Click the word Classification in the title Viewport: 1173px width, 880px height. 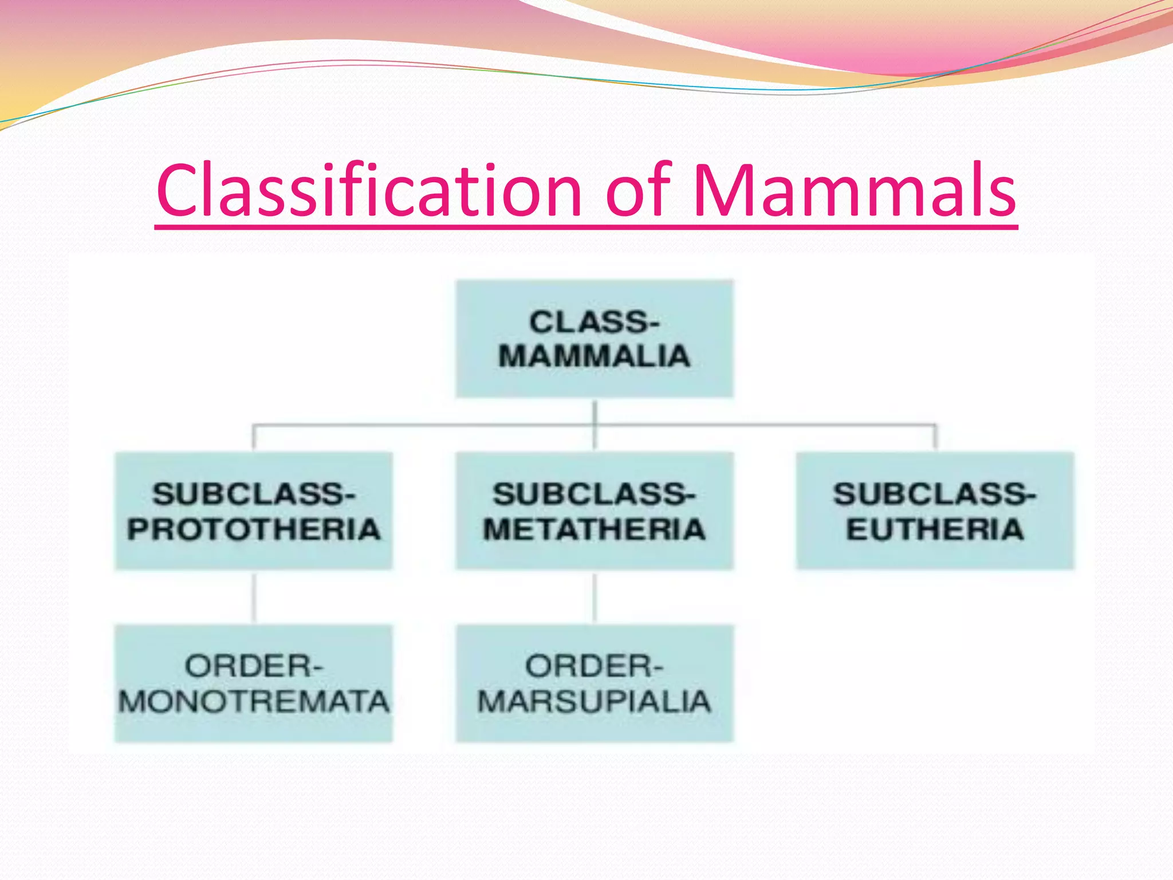pos(369,190)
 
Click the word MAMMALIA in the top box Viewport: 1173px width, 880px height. pos(594,356)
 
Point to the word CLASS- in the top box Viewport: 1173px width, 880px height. pos(594,322)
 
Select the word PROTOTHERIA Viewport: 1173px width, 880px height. pos(254,529)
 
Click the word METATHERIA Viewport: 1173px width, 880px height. pos(594,529)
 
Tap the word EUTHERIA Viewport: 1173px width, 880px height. pos(935,529)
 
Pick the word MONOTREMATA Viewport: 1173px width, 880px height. pos(254,701)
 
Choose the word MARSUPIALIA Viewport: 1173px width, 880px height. pos(594,701)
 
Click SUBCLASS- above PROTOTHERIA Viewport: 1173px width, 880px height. pos(254,494)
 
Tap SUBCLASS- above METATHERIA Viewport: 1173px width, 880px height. pos(594,494)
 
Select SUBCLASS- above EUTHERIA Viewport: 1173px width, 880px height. pos(935,494)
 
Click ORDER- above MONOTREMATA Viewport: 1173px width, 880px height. pos(254,666)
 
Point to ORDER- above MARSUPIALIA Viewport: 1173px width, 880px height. pos(594,666)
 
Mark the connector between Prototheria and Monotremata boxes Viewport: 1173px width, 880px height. pos(254,597)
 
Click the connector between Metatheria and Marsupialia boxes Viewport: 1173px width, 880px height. pos(595,597)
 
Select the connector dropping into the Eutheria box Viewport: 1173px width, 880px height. pos(935,438)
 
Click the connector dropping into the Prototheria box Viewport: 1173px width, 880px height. pos(254,438)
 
